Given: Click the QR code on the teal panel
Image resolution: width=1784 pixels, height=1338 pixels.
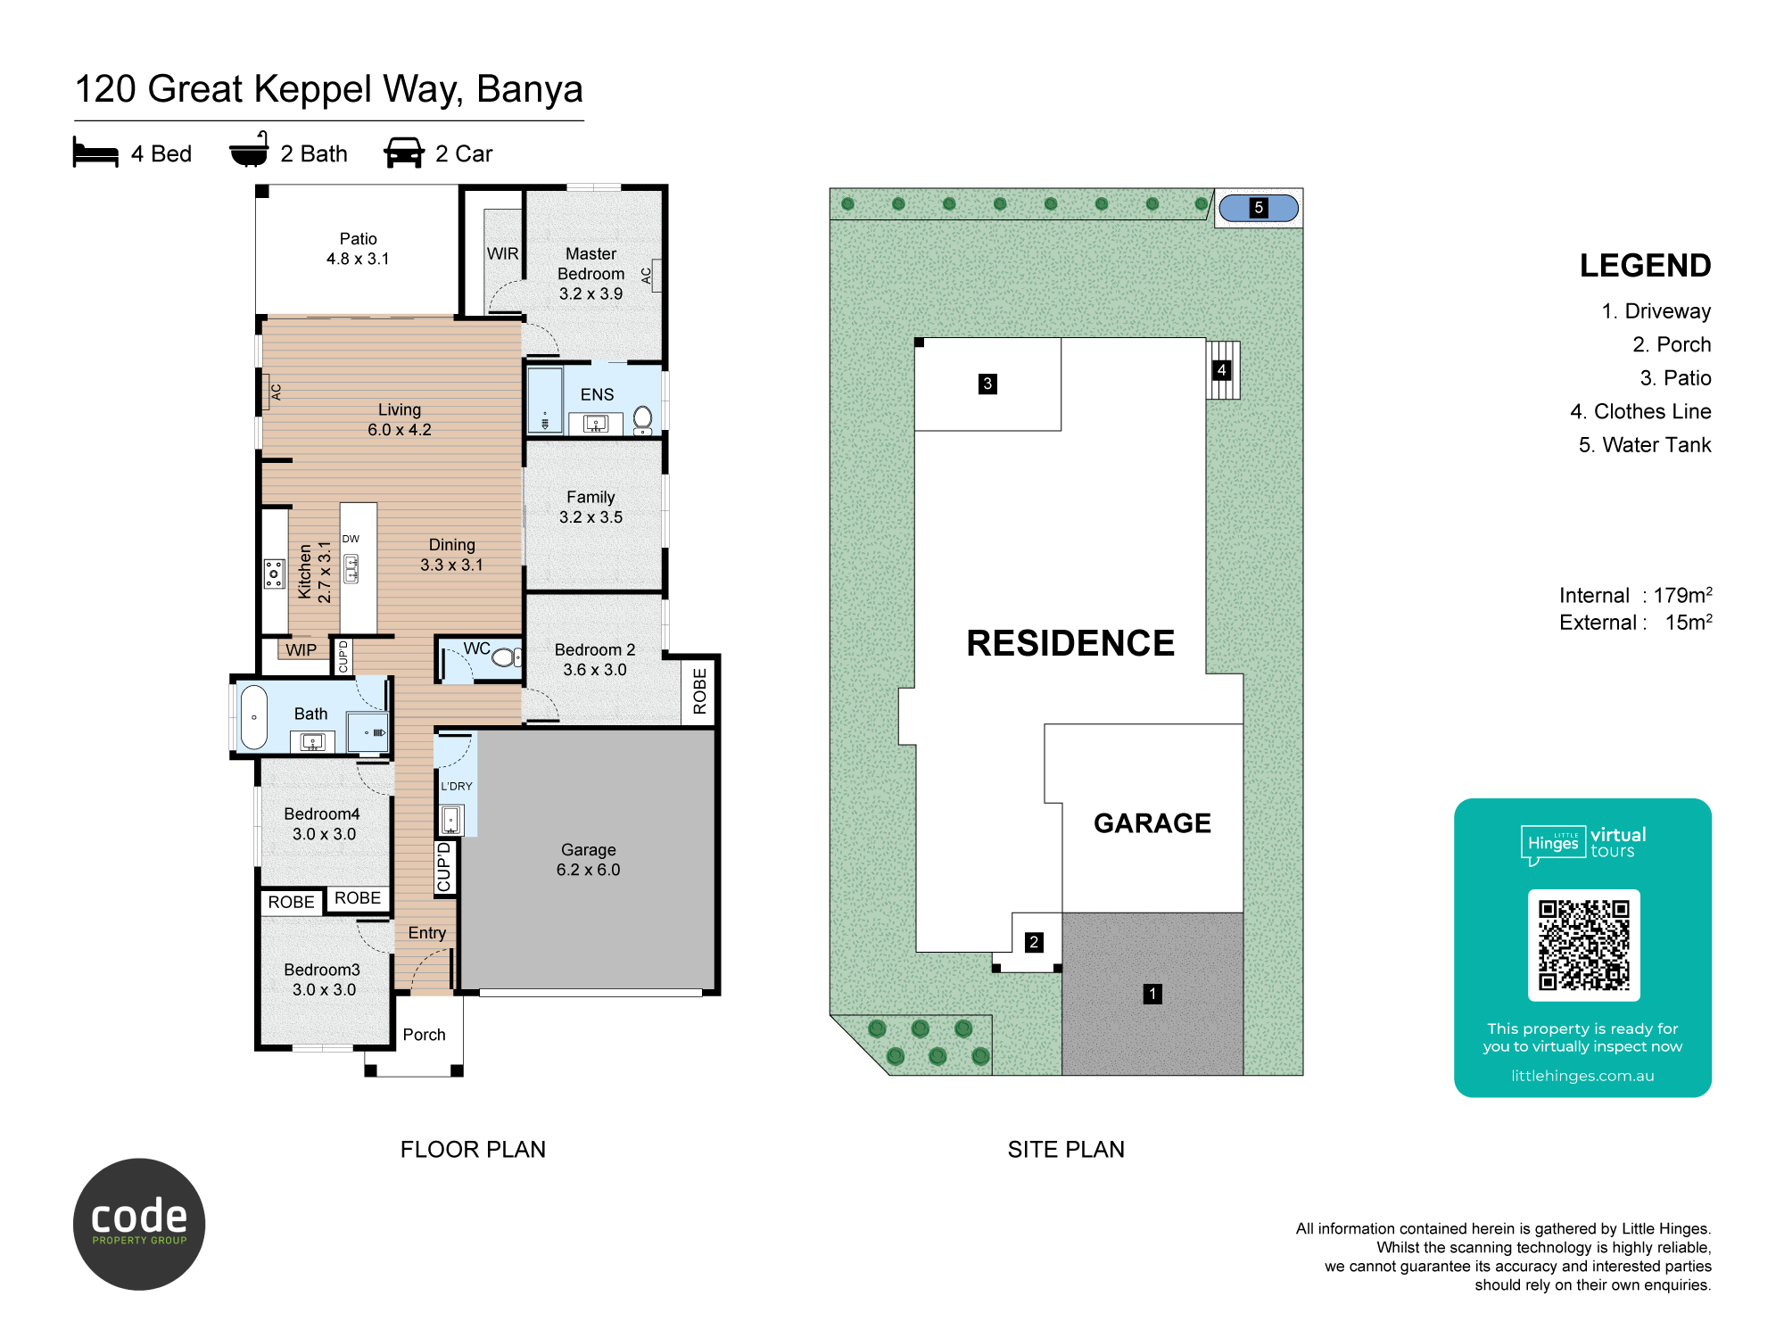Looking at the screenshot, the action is [x=1583, y=946].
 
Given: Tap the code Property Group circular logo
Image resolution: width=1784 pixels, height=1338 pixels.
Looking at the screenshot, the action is [x=139, y=1224].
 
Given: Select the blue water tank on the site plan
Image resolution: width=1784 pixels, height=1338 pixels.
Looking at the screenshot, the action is [x=1259, y=208].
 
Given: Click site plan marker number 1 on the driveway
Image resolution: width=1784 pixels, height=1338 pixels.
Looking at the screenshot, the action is [x=1152, y=994].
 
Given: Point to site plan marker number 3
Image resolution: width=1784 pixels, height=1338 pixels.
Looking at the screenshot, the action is [x=987, y=384].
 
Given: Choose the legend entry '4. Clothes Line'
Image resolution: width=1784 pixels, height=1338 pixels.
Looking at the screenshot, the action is [x=1640, y=411].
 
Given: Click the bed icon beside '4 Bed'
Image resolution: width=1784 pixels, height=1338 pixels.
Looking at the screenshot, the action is [x=95, y=153].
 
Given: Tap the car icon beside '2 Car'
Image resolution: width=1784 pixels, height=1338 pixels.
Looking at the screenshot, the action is [x=404, y=153].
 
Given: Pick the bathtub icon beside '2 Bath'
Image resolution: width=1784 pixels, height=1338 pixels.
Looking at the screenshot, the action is [x=249, y=150].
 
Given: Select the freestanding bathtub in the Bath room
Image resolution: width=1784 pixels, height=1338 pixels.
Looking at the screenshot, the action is [x=254, y=717].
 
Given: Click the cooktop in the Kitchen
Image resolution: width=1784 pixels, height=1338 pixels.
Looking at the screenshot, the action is [x=275, y=574].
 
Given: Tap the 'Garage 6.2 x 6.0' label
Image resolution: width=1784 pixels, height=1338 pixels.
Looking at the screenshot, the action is [x=588, y=859].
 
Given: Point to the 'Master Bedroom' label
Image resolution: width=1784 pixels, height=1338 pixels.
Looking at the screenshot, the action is [x=591, y=264].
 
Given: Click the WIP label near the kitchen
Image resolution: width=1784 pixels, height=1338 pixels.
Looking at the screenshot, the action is [x=301, y=650].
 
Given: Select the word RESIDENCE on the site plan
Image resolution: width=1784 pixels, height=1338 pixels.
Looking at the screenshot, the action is [x=1070, y=643].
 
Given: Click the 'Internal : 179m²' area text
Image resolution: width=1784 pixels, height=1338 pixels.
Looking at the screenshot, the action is [x=1635, y=595].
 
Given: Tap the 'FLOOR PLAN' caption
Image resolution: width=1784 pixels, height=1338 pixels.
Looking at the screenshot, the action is [x=473, y=1149].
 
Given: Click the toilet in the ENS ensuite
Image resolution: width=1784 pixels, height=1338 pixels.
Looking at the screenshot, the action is [x=642, y=418].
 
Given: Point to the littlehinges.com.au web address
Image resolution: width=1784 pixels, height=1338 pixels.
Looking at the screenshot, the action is [x=1582, y=1076].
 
